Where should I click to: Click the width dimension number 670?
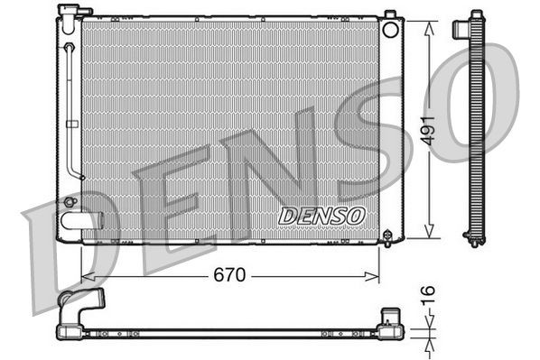[x=230, y=275]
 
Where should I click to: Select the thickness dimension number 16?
[x=431, y=294]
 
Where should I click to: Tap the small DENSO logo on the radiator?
[x=321, y=217]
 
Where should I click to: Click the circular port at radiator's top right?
[x=390, y=30]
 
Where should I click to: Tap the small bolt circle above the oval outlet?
[x=70, y=201]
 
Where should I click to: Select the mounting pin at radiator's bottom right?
[x=389, y=237]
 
